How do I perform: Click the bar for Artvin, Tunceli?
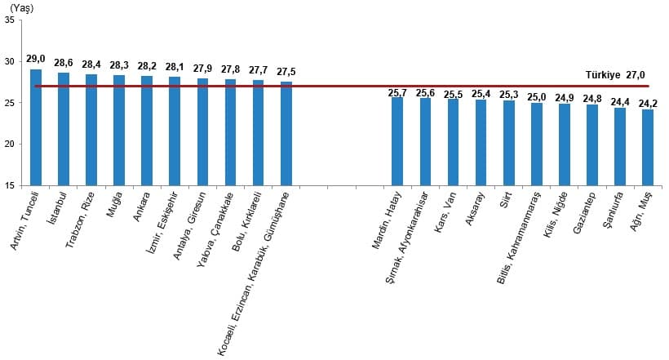[x=36, y=127]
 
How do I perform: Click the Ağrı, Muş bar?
[x=648, y=147]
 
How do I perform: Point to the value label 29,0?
[x=36, y=59]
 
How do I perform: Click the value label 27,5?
[x=286, y=72]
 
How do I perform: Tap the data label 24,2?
[x=648, y=104]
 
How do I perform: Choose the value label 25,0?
[x=537, y=96]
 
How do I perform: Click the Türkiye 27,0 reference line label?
[x=616, y=74]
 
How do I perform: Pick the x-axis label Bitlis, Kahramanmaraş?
[x=521, y=237]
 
